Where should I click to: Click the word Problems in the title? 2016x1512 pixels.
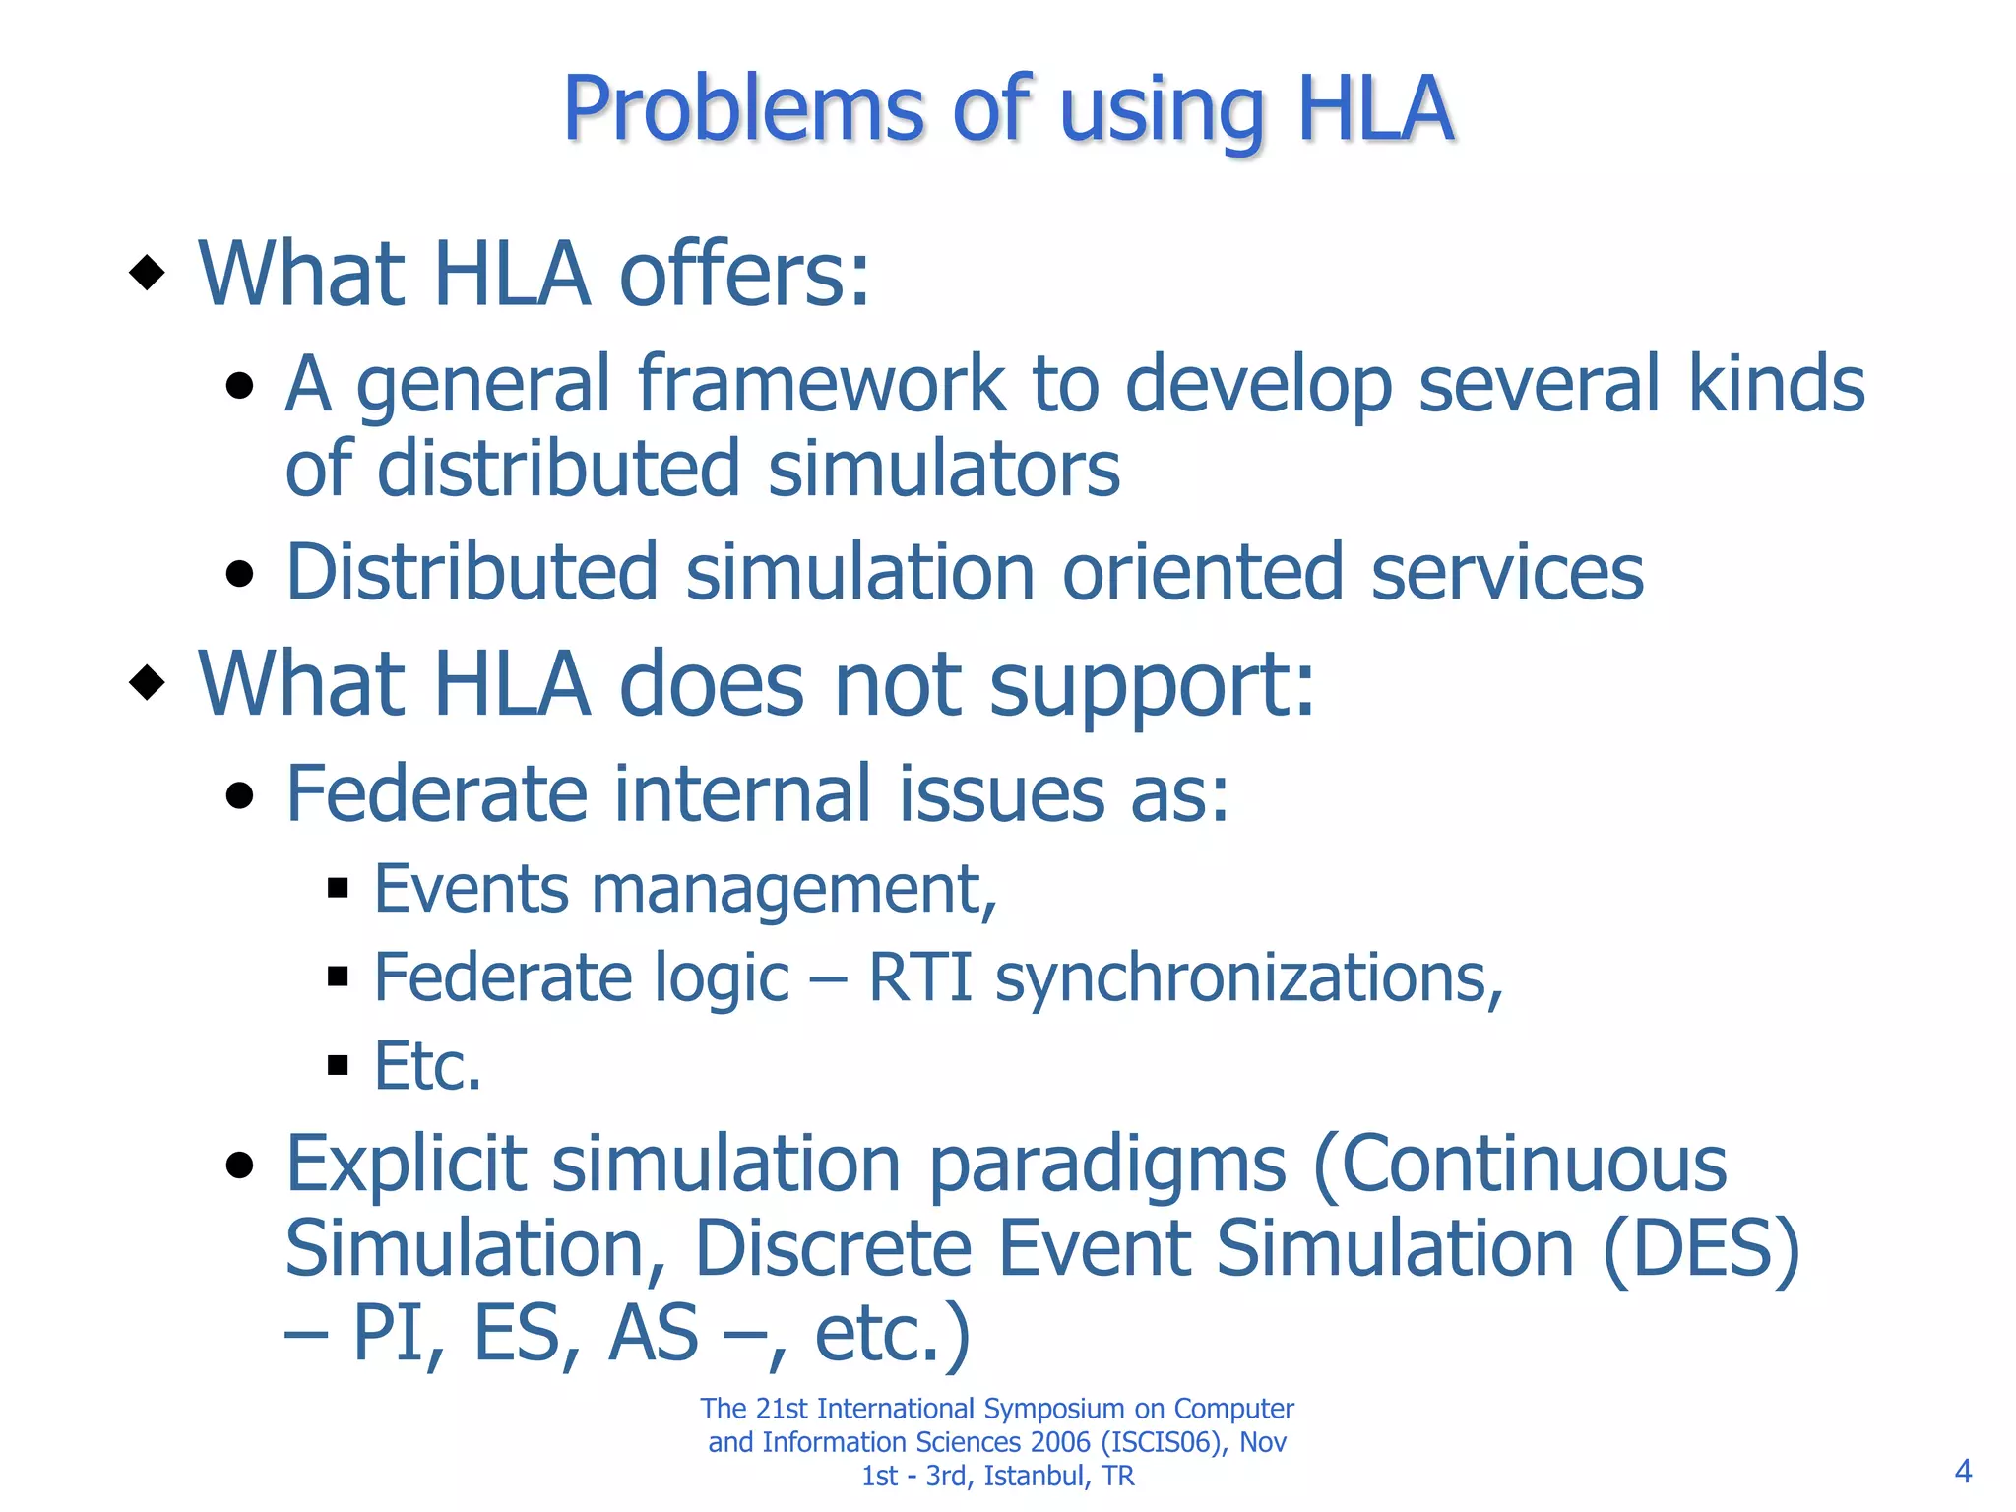[x=743, y=110]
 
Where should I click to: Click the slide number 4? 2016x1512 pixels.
[x=1962, y=1472]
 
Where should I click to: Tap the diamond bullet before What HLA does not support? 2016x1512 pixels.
[x=147, y=681]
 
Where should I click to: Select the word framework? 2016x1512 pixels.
[x=821, y=384]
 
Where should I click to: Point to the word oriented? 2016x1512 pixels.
[x=1202, y=572]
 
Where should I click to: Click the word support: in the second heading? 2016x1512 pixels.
[x=1151, y=686]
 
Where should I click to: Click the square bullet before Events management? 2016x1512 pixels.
[x=338, y=889]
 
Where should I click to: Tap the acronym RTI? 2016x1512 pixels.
[x=919, y=977]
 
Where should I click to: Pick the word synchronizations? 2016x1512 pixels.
[x=1248, y=979]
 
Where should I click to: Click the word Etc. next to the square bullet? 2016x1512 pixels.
[x=427, y=1066]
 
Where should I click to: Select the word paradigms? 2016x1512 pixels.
[x=1106, y=1165]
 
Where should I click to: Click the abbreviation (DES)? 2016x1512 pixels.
[x=1701, y=1248]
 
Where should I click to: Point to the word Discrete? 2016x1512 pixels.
[x=833, y=1248]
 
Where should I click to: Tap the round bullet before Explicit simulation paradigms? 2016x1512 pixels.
[x=239, y=1165]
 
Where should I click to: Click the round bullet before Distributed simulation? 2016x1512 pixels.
[x=239, y=573]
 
